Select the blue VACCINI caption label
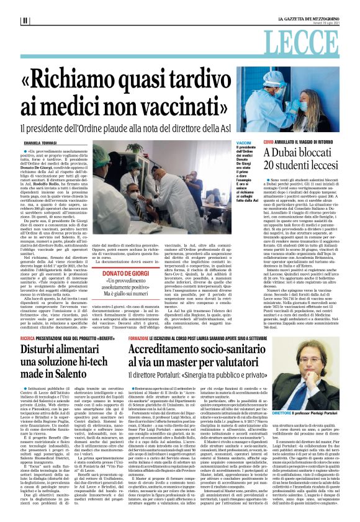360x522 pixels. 244,143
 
